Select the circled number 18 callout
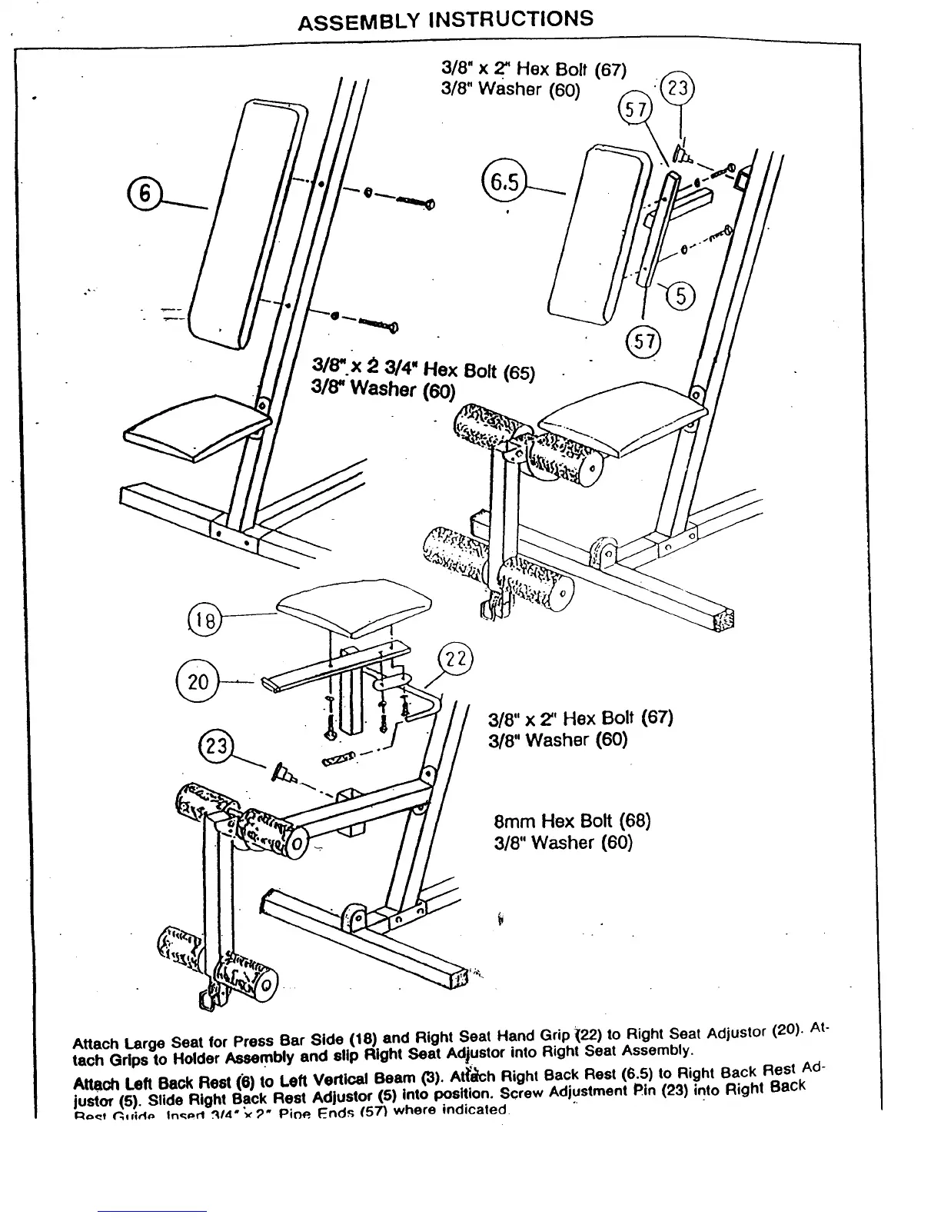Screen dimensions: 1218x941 click(204, 621)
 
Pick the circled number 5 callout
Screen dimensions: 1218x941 click(680, 295)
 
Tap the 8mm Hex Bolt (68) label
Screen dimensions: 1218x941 click(572, 821)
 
